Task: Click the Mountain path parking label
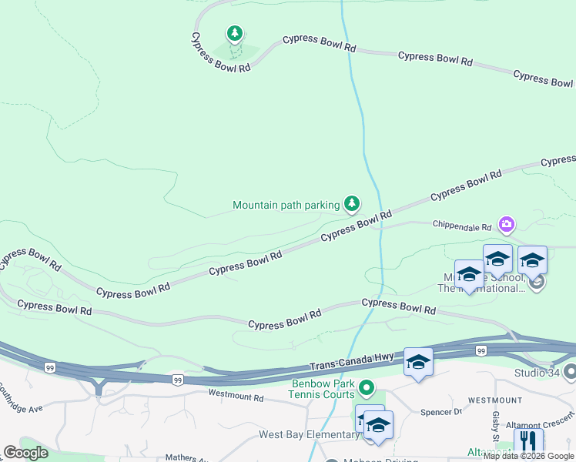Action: point(286,205)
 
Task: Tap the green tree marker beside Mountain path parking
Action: point(352,203)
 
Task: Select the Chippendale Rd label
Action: point(461,227)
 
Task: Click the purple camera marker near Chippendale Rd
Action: point(507,224)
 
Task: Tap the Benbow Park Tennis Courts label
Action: point(323,389)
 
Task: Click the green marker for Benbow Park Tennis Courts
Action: point(367,387)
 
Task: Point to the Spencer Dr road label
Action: point(440,412)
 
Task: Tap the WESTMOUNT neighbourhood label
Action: point(495,400)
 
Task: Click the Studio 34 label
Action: point(535,373)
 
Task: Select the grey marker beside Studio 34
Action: point(570,373)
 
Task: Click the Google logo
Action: point(25,453)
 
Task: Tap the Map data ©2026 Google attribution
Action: point(528,457)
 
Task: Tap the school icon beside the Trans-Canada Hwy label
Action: point(418,363)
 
